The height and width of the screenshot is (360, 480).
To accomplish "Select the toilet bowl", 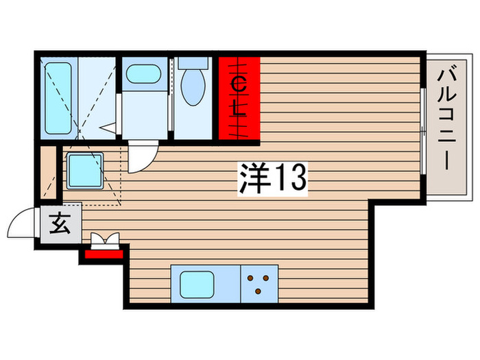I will pyautogui.click(x=191, y=88).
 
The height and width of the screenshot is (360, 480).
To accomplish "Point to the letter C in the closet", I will pyautogui.click(x=239, y=84).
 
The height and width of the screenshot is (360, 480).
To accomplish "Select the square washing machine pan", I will pyautogui.click(x=84, y=171).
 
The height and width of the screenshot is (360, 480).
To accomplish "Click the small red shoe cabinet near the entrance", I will pyautogui.click(x=104, y=255).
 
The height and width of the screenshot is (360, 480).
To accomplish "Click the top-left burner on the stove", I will pyautogui.click(x=250, y=278).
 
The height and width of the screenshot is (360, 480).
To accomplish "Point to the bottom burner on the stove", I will pyautogui.click(x=257, y=291).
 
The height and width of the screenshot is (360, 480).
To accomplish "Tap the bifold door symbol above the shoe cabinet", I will pyautogui.click(x=105, y=239).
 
